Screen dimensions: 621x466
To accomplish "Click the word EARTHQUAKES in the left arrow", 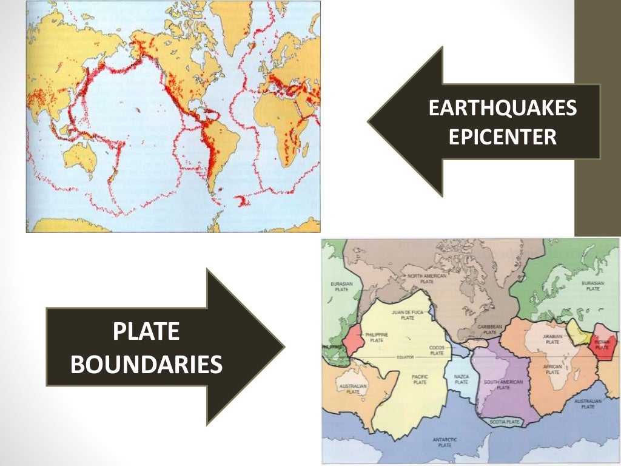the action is click(x=503, y=109).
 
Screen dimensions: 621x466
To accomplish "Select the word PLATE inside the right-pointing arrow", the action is click(x=147, y=333).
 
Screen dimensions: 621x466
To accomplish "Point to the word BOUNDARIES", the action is click(x=147, y=365).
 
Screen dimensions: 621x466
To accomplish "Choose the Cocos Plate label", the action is click(x=437, y=350).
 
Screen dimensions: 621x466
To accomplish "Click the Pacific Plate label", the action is click(x=420, y=380).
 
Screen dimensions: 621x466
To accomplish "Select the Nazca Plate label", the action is click(x=461, y=380).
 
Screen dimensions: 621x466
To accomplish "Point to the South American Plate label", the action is click(x=503, y=384).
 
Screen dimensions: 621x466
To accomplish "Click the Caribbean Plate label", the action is click(x=491, y=329).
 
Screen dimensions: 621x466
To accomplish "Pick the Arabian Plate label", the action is click(x=552, y=339).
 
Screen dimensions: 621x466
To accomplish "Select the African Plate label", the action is click(x=552, y=369).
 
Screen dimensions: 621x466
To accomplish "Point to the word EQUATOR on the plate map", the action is click(x=406, y=357).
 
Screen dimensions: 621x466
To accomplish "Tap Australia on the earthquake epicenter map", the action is click(x=80, y=157).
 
